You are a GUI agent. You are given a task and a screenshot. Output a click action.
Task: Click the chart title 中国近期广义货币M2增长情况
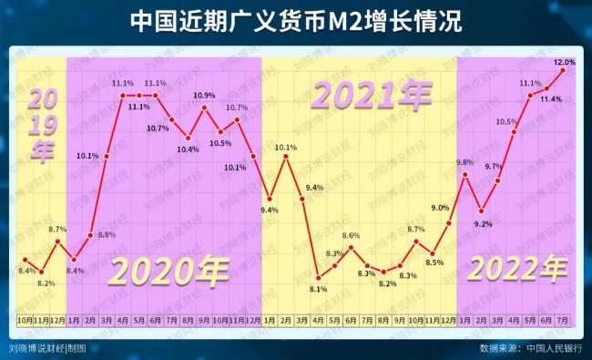tap(295, 22)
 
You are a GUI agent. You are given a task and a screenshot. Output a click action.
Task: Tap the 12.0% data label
tap(565, 62)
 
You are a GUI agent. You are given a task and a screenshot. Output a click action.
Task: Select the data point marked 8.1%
tap(319, 277)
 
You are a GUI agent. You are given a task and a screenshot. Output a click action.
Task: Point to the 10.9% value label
tap(205, 96)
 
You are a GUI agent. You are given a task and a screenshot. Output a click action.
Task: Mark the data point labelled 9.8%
tap(466, 174)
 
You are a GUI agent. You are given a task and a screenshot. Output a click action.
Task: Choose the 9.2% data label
tap(482, 224)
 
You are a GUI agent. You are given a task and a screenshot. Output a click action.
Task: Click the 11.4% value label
tap(550, 98)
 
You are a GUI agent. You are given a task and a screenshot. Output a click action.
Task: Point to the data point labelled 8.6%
tap(352, 247)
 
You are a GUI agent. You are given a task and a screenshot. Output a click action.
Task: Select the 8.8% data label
tap(107, 234)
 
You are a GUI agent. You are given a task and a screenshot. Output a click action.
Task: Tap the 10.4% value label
tap(189, 149)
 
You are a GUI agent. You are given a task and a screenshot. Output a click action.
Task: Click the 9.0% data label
tap(440, 208)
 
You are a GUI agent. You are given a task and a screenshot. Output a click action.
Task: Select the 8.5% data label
tap(434, 262)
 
